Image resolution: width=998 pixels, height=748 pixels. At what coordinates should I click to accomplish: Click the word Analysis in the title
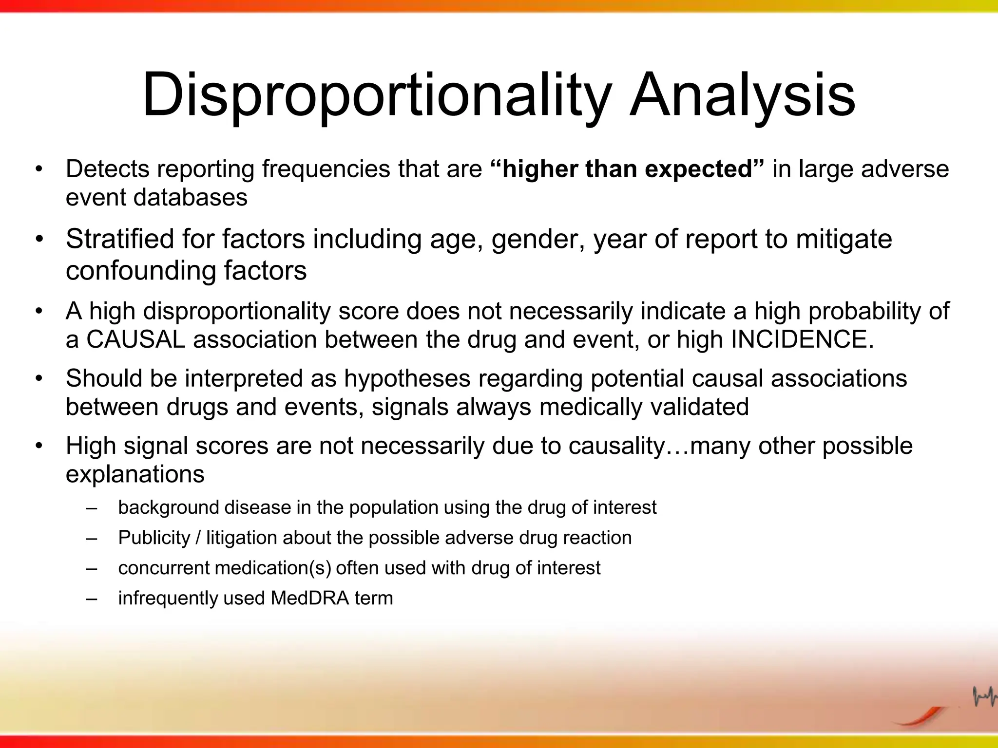tap(742, 95)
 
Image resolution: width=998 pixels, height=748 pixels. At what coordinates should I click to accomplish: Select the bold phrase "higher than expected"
tap(628, 169)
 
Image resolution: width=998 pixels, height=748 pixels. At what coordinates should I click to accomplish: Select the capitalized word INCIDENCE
tap(799, 339)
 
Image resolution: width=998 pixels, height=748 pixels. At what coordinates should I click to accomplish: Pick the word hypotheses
tap(407, 378)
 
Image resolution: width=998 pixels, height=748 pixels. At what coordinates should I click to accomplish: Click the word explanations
tap(135, 474)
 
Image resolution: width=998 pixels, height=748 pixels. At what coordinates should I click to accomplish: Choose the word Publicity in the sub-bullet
tap(154, 538)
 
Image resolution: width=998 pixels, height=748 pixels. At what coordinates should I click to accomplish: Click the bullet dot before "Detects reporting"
tap(39, 169)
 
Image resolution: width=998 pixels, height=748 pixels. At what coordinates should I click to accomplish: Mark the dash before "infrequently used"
tap(91, 598)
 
